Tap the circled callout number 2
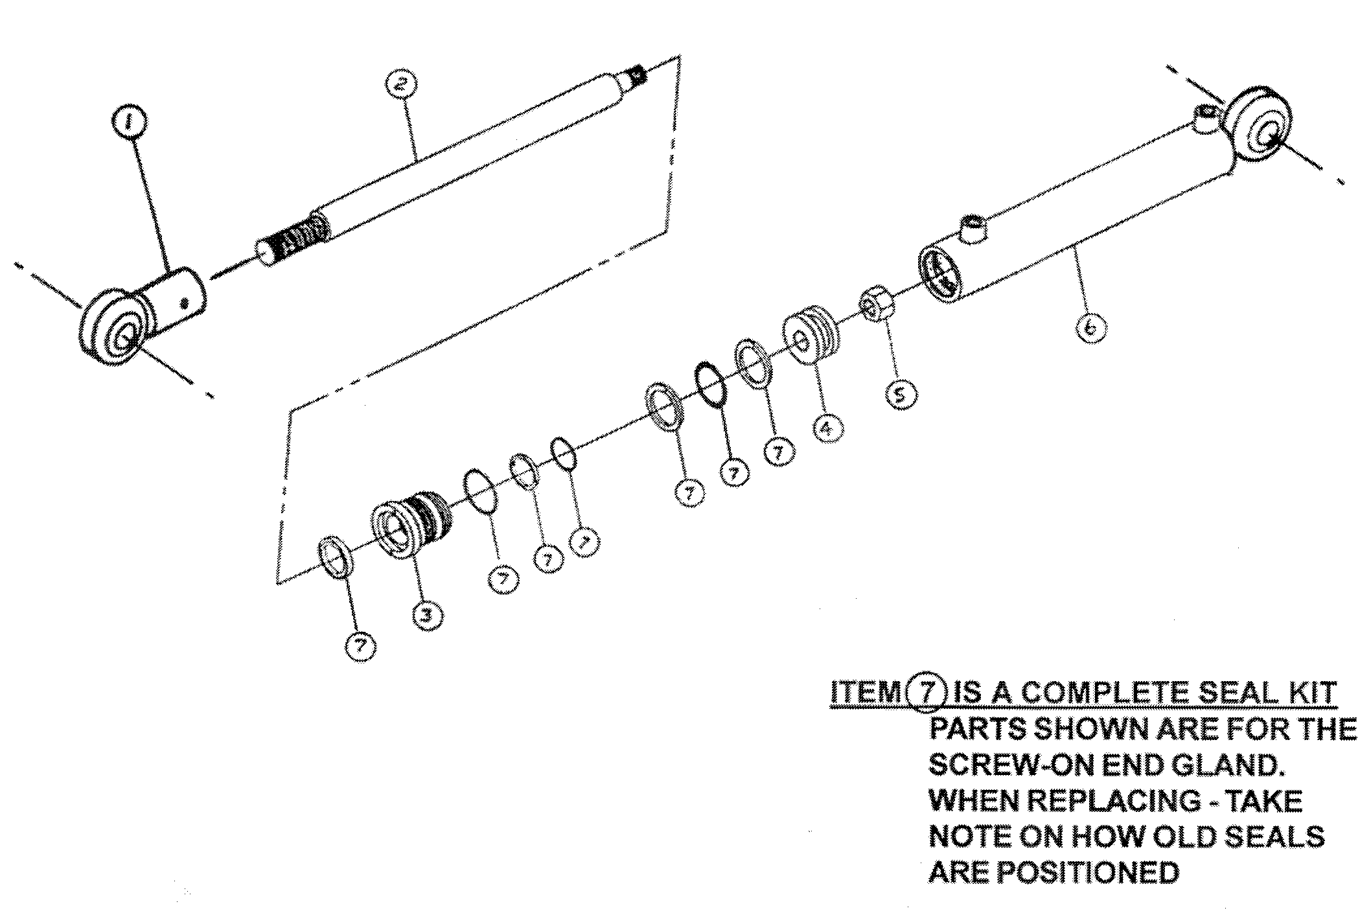click(x=400, y=84)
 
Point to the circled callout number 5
click(x=901, y=393)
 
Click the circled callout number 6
click(x=1090, y=328)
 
